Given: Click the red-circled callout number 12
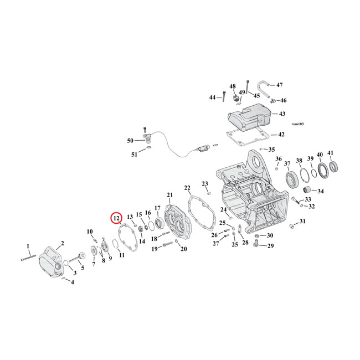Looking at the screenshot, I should click(x=116, y=218).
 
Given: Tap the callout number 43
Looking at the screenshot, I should click(x=282, y=114).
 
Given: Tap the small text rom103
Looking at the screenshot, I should click(x=296, y=124).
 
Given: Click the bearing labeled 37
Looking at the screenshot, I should click(x=290, y=179).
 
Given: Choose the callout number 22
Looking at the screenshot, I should click(x=187, y=188).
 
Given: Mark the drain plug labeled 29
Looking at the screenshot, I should click(x=256, y=242).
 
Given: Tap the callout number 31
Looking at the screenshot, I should click(x=302, y=222).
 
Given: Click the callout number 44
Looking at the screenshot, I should click(x=212, y=97).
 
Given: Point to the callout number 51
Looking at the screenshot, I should click(x=134, y=155).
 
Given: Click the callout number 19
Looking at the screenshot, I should click(x=155, y=249).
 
